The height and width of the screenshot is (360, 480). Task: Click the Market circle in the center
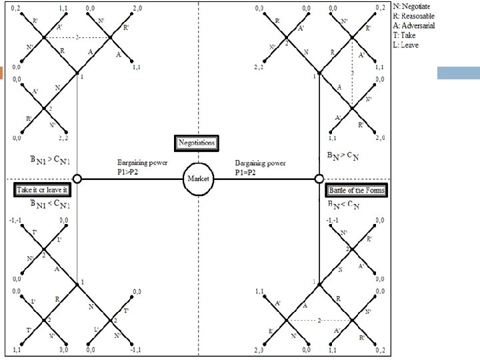point(198,179)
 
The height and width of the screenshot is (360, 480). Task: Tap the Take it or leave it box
point(42,191)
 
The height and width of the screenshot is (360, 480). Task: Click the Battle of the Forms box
point(358,191)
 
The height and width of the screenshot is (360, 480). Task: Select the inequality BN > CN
point(345,157)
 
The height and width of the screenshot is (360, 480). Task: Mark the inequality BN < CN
point(345,205)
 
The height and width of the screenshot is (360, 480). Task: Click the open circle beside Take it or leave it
point(77,179)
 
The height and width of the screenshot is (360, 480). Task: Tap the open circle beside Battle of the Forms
point(319,179)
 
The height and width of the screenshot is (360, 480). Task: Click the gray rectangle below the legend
point(458,73)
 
